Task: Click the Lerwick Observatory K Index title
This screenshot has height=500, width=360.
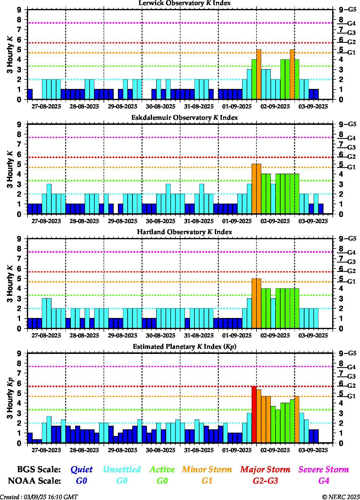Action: pyautogui.click(x=184, y=3)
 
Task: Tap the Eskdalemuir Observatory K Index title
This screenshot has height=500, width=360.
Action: pyautogui.click(x=184, y=118)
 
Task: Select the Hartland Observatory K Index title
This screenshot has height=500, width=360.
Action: pyautogui.click(x=184, y=232)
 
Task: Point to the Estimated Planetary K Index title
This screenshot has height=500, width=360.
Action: pyautogui.click(x=184, y=347)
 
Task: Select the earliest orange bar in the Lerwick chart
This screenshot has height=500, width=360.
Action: pyautogui.click(x=259, y=74)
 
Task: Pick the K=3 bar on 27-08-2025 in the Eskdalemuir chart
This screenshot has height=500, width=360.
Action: pyautogui.click(x=49, y=199)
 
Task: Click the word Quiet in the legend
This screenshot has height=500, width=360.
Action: pyautogui.click(x=81, y=469)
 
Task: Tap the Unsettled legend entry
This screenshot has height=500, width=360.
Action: pyautogui.click(x=122, y=469)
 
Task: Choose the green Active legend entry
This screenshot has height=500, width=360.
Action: pyautogui.click(x=162, y=469)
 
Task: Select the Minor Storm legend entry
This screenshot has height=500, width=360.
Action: pyautogui.click(x=207, y=469)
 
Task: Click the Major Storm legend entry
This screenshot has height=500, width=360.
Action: pyautogui.click(x=265, y=469)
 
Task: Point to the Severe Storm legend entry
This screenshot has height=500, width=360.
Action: pyautogui.click(x=324, y=469)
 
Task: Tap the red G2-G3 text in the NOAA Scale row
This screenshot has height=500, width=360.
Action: pyautogui.click(x=265, y=481)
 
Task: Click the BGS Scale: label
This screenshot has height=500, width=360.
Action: pyautogui.click(x=39, y=469)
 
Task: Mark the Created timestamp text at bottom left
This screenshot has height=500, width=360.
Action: pyautogui.click(x=39, y=497)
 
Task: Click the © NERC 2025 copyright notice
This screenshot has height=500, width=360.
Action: pyautogui.click(x=341, y=497)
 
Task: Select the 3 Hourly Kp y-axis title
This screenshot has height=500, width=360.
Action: pyautogui.click(x=10, y=398)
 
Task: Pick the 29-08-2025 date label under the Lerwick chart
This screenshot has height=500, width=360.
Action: pyautogui.click(x=123, y=107)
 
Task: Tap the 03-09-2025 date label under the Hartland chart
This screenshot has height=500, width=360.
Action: pyautogui.click(x=313, y=336)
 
